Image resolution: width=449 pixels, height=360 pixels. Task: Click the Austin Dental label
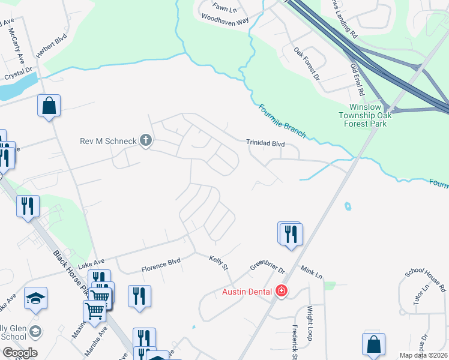click(x=247, y=292)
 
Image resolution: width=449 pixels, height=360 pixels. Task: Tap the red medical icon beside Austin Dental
click(x=281, y=292)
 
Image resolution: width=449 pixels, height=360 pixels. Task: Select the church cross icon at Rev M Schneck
click(x=145, y=141)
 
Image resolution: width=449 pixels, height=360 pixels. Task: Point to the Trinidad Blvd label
click(x=265, y=143)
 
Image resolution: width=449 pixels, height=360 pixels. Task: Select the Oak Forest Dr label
click(x=307, y=65)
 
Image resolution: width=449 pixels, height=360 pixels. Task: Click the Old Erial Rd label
click(x=357, y=77)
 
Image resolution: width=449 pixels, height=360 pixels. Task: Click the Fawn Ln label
click(x=226, y=7)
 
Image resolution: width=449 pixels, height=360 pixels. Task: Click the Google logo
click(x=20, y=352)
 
